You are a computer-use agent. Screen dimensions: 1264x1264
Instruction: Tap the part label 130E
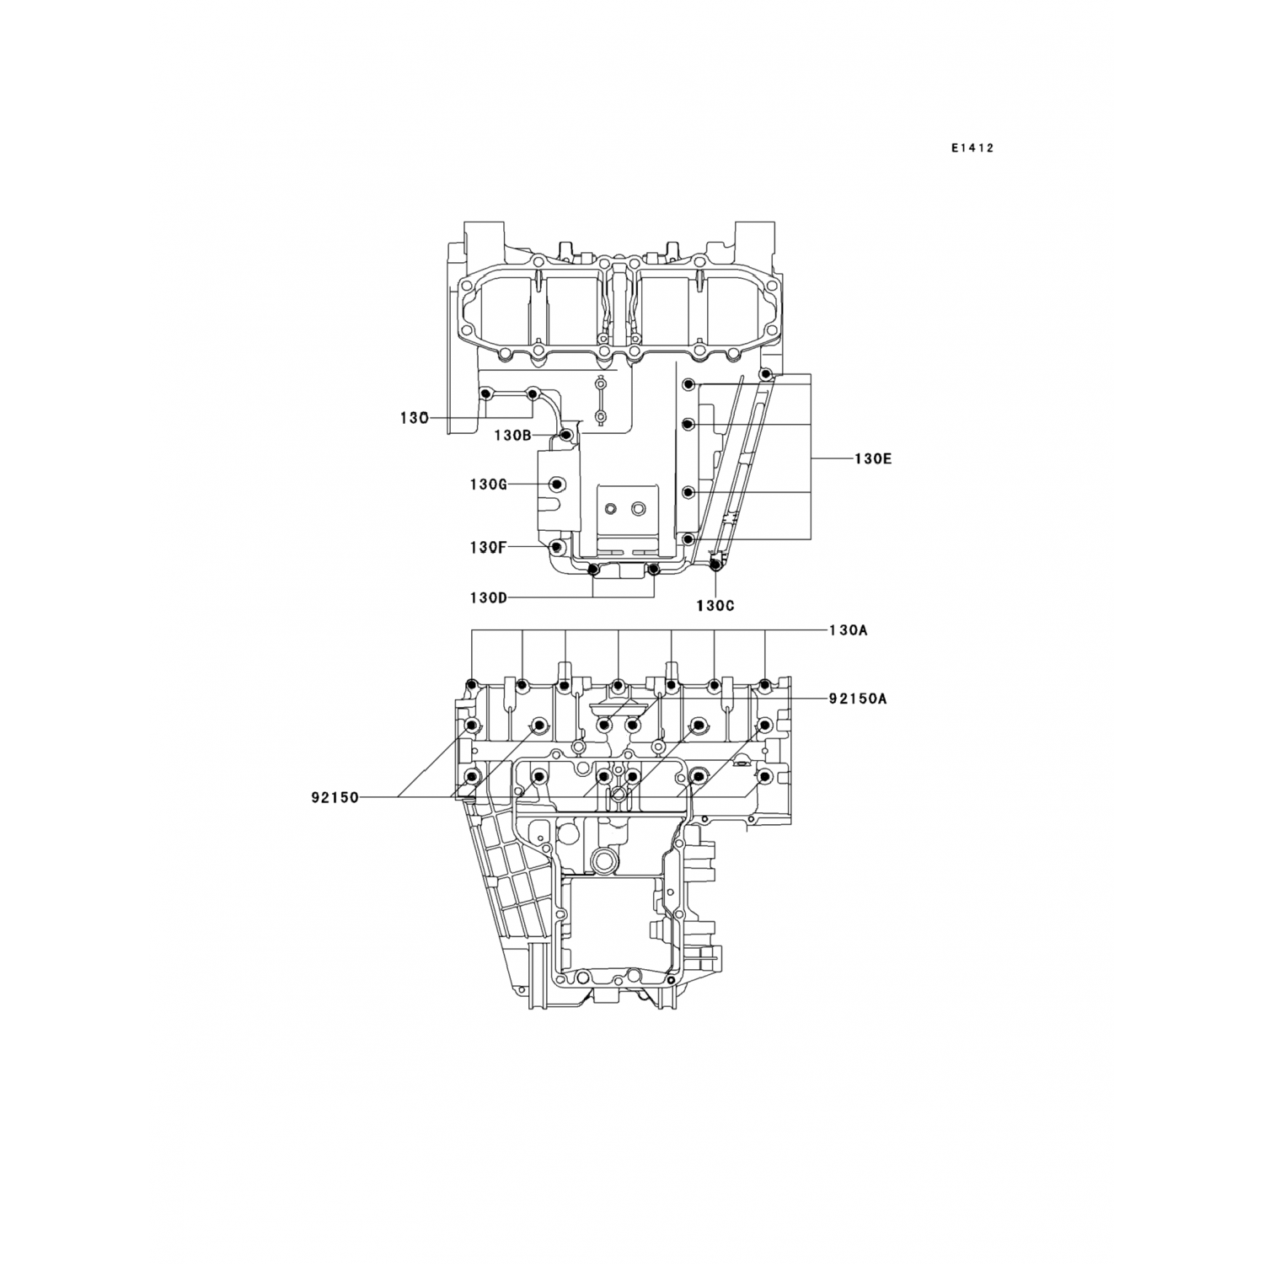873,459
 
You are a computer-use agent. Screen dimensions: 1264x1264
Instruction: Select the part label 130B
512,436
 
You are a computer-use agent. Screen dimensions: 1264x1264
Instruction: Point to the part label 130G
489,485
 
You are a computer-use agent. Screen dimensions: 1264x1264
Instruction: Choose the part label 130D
489,598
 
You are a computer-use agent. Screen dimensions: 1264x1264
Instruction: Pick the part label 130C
716,605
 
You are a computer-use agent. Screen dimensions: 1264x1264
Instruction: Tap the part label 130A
848,630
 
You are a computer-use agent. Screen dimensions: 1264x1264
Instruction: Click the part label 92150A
858,699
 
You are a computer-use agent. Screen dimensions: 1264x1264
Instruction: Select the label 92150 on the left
335,796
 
